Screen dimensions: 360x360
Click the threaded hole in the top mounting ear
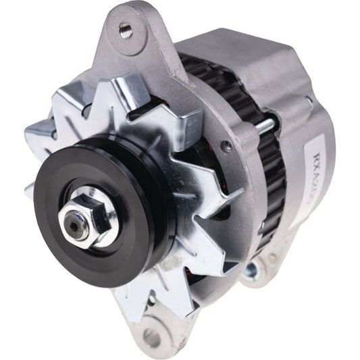126,28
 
